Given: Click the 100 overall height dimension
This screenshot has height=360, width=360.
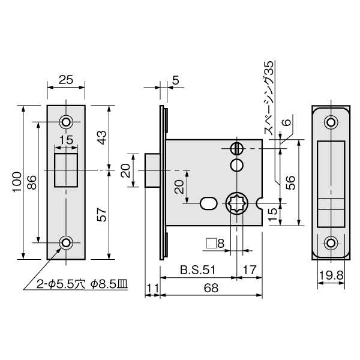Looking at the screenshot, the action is (17, 182).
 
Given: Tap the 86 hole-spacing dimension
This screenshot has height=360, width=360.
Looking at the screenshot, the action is (32, 182).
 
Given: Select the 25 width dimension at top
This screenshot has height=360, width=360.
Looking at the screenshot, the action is (66, 80).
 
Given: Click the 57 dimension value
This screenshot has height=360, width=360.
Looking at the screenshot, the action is (101, 215).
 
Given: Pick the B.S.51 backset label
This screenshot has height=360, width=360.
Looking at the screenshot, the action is (198, 270).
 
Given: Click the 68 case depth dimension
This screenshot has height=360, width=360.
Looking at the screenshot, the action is (211, 288).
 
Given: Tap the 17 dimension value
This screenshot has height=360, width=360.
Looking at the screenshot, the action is (250, 270).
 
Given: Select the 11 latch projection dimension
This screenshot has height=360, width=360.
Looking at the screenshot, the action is (152, 288).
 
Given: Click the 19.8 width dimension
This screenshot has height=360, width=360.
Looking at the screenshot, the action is (331, 275).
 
